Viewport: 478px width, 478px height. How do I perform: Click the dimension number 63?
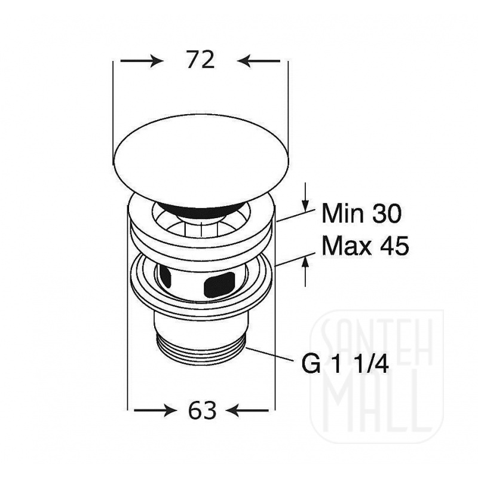tap(202, 410)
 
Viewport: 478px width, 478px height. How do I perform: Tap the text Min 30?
tap(361, 213)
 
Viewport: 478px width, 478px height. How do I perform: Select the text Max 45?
tap(365, 246)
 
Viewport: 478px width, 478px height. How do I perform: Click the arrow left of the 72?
tap(142, 61)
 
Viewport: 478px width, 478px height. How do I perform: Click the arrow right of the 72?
tap(259, 61)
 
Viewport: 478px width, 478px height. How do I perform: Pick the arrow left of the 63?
tap(155, 410)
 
